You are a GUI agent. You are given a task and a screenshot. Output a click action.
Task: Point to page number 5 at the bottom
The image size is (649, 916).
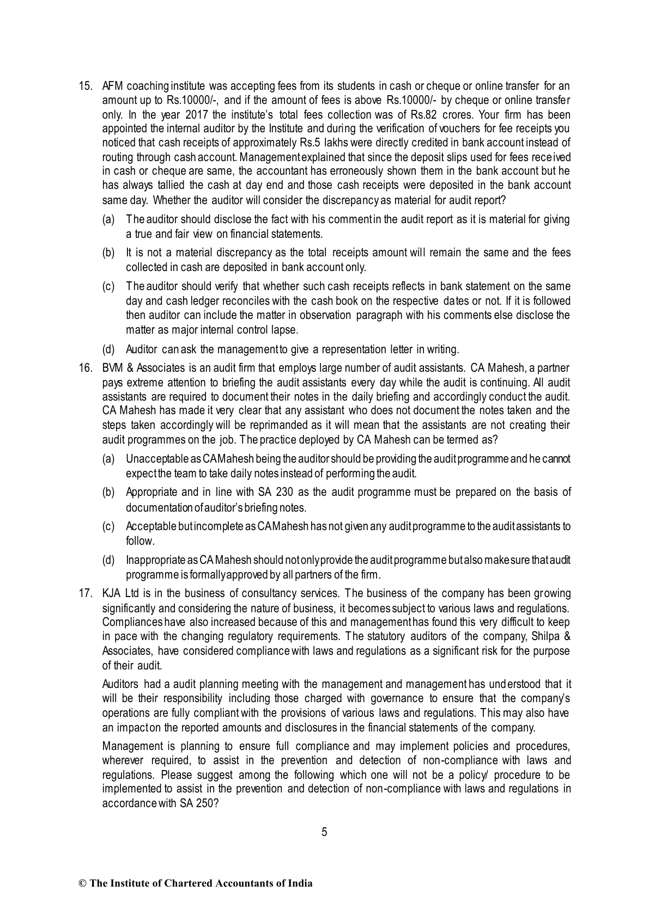[x=324, y=832]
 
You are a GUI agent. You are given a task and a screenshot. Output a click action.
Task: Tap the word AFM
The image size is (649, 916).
[x=112, y=86]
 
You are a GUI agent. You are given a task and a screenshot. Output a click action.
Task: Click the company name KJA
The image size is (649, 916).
[x=112, y=593]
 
